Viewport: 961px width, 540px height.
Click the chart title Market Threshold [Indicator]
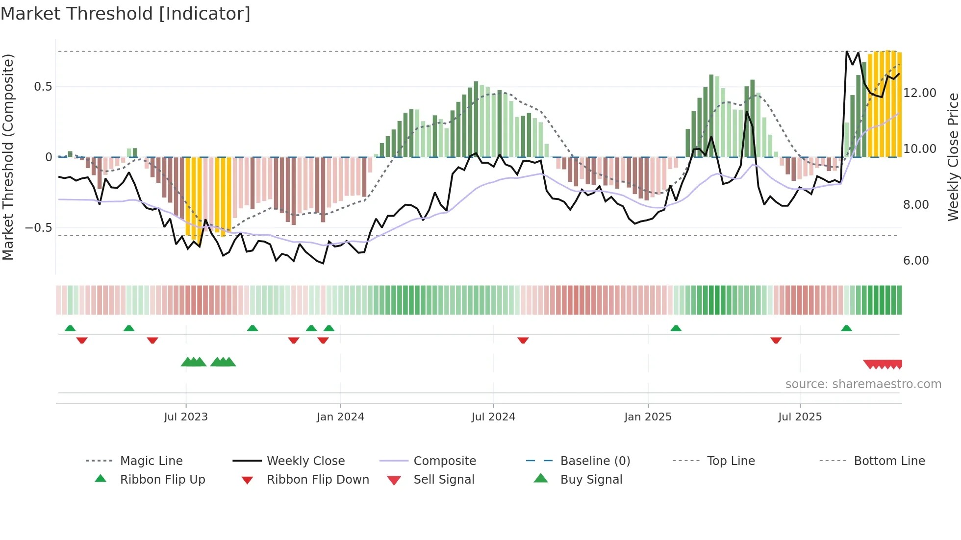pos(126,14)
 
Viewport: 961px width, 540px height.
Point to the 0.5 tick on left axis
pos(43,87)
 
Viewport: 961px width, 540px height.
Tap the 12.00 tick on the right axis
pos(919,93)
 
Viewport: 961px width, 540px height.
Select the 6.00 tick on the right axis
pos(916,261)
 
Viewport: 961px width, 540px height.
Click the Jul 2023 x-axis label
pos(186,417)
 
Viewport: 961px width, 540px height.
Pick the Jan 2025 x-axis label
pos(648,417)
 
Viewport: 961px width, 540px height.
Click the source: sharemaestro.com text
pos(863,384)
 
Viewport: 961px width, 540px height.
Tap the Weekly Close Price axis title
pos(953,157)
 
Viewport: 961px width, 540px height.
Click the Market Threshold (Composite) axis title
pos(8,157)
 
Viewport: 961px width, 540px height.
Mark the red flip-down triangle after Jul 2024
pos(523,340)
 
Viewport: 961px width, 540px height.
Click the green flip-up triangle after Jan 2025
pos(676,328)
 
